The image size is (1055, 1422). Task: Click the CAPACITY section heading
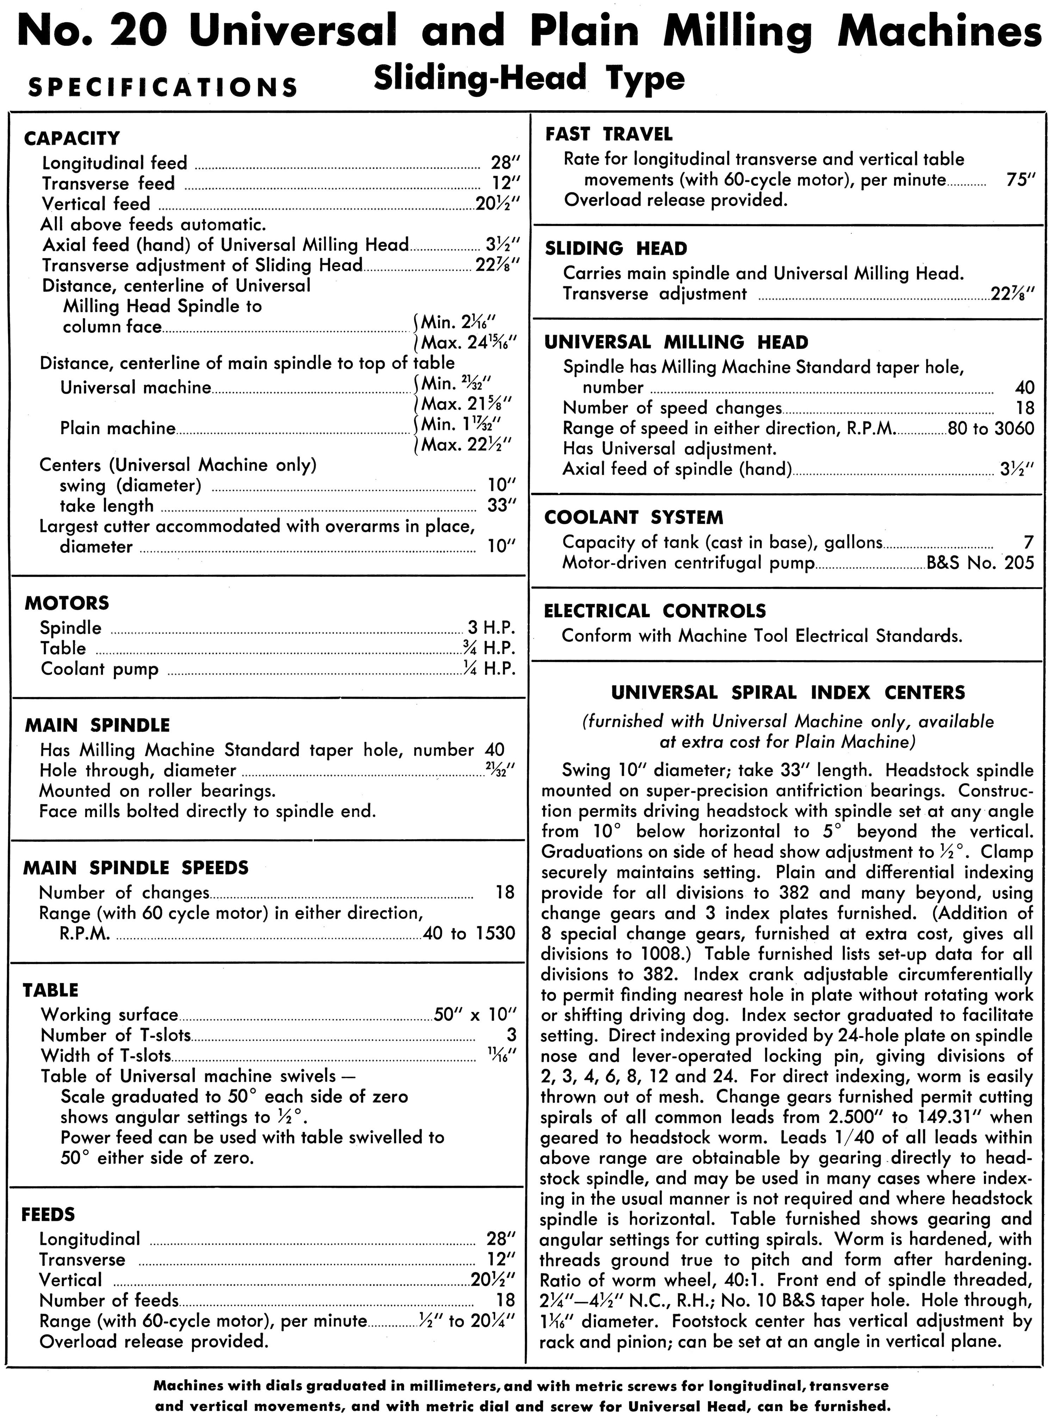click(72, 138)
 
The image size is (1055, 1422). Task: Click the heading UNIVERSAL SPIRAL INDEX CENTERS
click(788, 692)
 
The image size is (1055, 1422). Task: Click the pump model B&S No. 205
click(980, 563)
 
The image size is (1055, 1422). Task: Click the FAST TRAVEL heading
click(609, 134)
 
